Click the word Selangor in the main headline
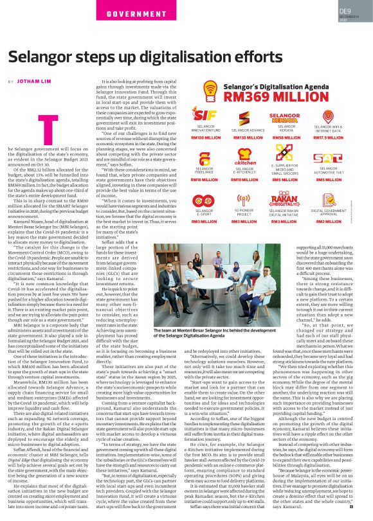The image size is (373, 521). click(x=48, y=57)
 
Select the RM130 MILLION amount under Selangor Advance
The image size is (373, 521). click(x=248, y=137)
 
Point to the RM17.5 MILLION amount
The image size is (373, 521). click(x=328, y=137)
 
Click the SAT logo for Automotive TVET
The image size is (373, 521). click(x=328, y=158)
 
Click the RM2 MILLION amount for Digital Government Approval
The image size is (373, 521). click(x=328, y=221)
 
